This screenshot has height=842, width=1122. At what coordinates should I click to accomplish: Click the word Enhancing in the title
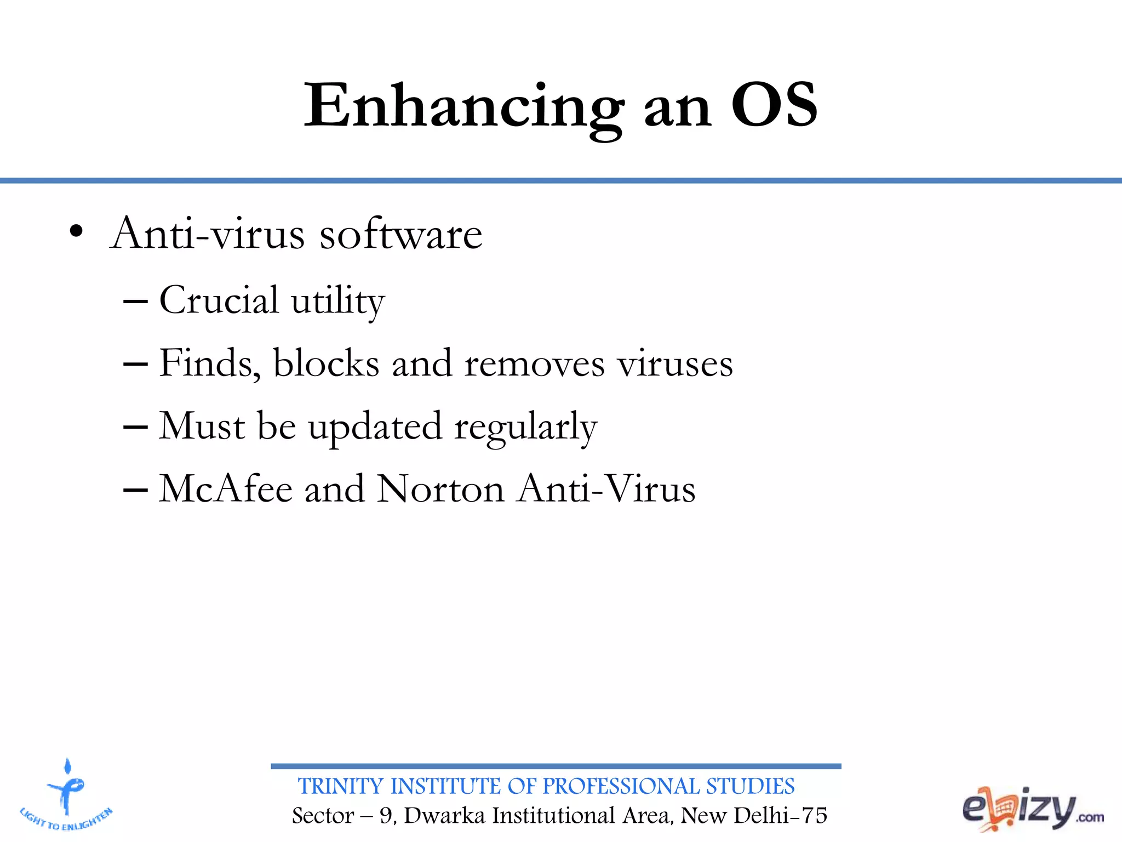click(463, 107)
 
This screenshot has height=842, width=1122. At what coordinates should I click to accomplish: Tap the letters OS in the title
click(774, 105)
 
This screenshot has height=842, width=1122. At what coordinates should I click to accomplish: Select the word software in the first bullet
click(400, 235)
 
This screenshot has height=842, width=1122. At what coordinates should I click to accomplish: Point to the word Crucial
click(219, 300)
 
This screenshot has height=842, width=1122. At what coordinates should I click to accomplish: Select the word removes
click(534, 365)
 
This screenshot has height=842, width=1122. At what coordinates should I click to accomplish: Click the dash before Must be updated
click(135, 427)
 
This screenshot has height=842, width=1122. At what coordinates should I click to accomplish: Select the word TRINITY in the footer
click(340, 786)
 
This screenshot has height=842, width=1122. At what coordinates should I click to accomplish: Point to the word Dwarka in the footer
click(444, 816)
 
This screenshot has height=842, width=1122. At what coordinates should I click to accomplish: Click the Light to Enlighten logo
click(66, 795)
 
